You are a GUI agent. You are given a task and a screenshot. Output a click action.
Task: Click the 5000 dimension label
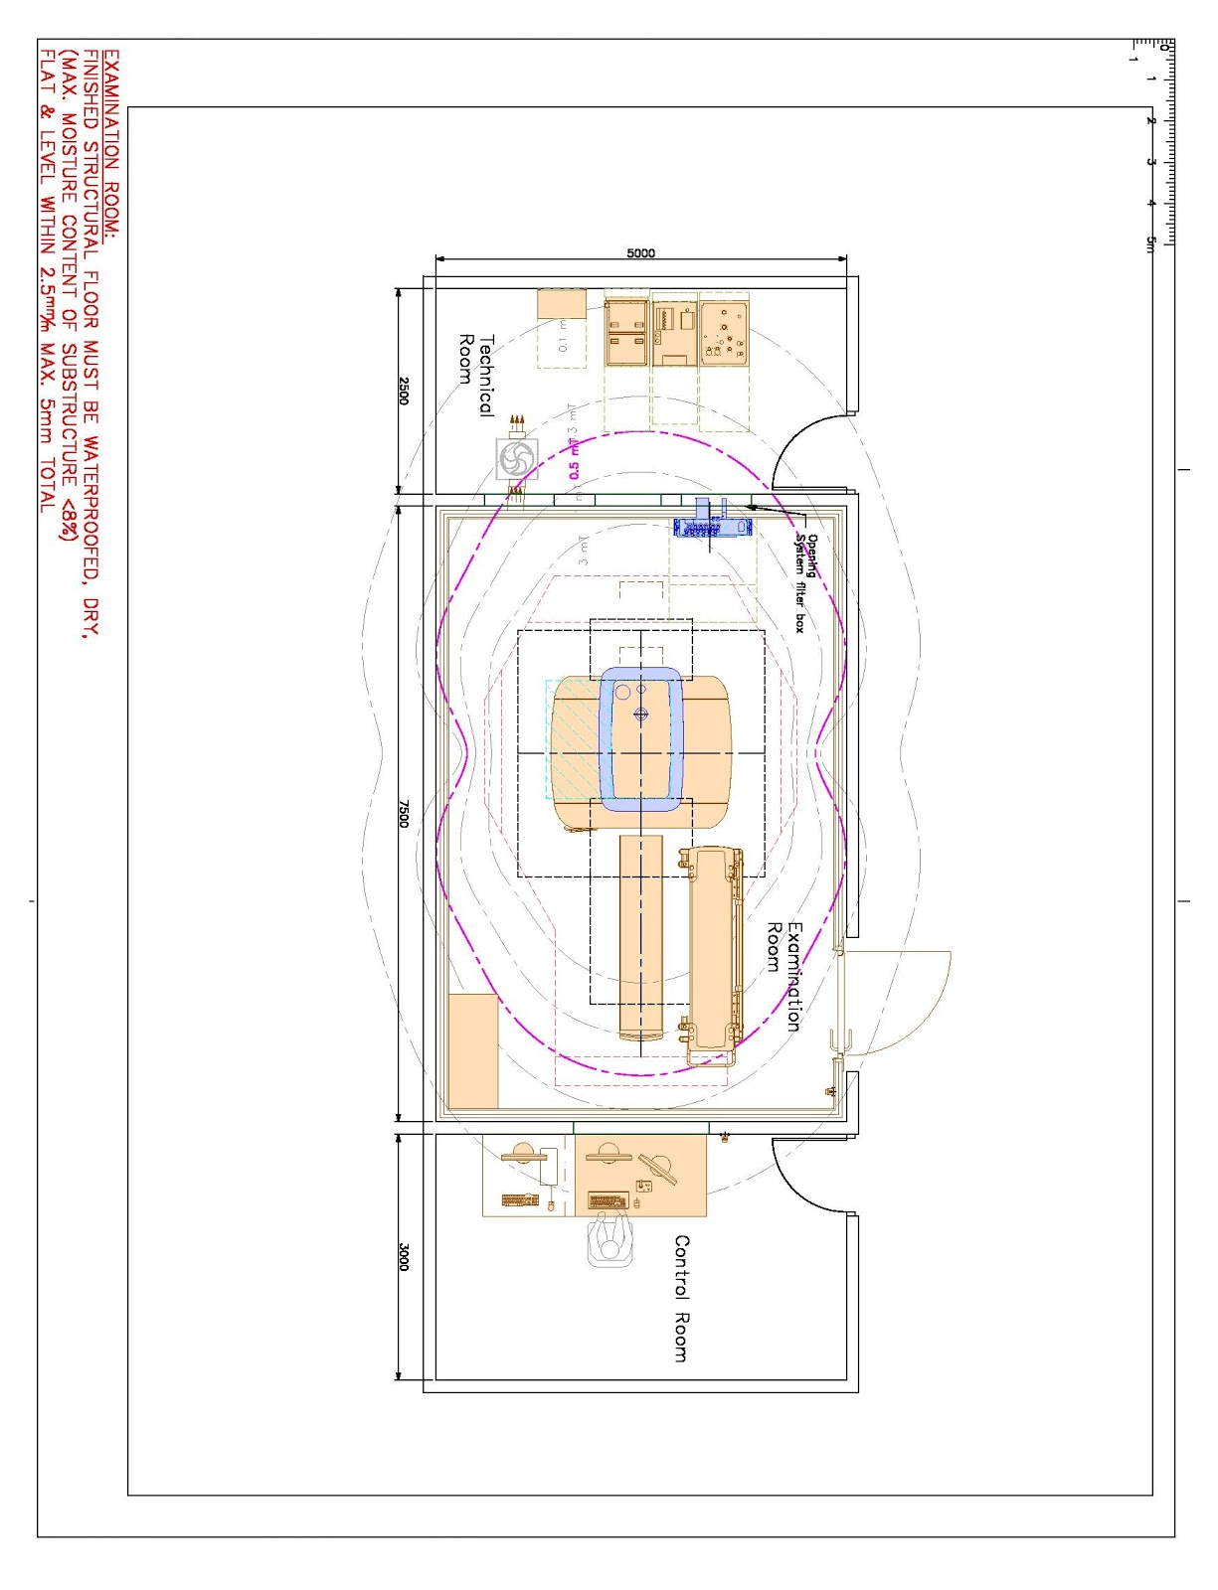tap(641, 252)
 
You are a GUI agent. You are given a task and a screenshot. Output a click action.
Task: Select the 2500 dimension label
tap(404, 390)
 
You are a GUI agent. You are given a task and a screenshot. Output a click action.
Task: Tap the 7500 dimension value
tap(404, 812)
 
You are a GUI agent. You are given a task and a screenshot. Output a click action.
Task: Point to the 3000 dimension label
tap(404, 1256)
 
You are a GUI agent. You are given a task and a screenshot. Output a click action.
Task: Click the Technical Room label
tap(475, 373)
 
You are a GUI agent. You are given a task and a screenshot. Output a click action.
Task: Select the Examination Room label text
tap(783, 976)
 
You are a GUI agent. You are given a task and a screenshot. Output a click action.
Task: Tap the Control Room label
tap(681, 1298)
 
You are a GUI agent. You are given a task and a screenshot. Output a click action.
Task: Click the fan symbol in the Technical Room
tap(517, 459)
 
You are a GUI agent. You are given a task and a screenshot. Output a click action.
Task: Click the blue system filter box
tap(711, 522)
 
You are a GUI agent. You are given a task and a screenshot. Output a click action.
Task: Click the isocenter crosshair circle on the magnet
tap(640, 715)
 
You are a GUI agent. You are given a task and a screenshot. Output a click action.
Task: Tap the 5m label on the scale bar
tap(1150, 243)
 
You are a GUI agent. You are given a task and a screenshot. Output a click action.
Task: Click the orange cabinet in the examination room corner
tap(472, 1050)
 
